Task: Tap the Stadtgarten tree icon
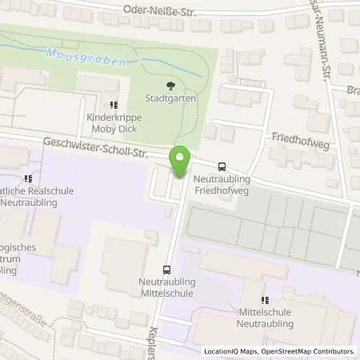tap(168, 86)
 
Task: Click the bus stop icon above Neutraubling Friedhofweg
tap(221, 158)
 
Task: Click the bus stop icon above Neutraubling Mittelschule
tap(167, 270)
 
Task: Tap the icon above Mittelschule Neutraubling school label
tap(266, 300)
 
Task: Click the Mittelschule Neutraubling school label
tap(266, 318)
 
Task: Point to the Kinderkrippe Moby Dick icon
tap(114, 104)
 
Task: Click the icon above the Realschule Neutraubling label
tap(29, 178)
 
